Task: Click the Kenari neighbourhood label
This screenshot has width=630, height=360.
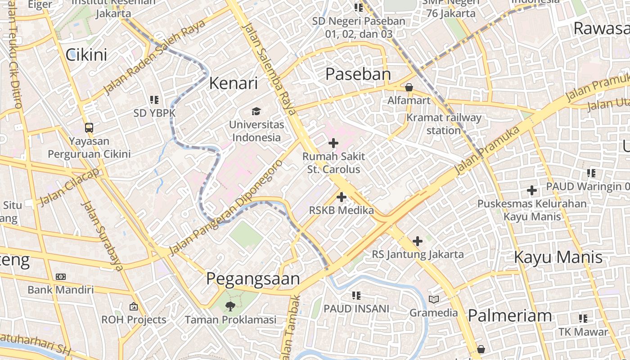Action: coord(234,83)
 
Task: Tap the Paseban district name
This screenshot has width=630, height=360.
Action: coord(358,74)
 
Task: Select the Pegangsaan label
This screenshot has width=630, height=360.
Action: coord(253,279)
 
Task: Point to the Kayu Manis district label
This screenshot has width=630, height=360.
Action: coord(558,257)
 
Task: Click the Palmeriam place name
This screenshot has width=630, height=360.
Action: coord(510,315)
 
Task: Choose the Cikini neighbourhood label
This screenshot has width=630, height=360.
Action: coord(86,55)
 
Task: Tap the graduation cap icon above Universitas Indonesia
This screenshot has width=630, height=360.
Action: coord(256,111)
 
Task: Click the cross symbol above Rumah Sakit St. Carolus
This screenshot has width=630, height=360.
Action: coord(333,143)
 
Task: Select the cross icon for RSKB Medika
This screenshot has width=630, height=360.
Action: coord(342,197)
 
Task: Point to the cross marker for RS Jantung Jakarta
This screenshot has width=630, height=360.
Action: coord(418,241)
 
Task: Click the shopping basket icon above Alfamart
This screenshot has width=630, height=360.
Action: coord(409,87)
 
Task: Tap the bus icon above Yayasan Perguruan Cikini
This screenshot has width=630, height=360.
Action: coord(89,128)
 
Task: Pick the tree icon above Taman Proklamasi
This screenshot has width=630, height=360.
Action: coord(230,307)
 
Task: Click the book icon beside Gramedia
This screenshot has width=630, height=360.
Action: coord(434,299)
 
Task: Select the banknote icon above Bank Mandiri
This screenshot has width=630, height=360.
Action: coord(61,277)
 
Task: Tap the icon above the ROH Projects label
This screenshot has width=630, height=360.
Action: coord(133,307)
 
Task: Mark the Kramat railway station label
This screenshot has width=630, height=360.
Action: coord(443,124)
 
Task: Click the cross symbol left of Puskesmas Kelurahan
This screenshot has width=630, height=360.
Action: coord(532,190)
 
